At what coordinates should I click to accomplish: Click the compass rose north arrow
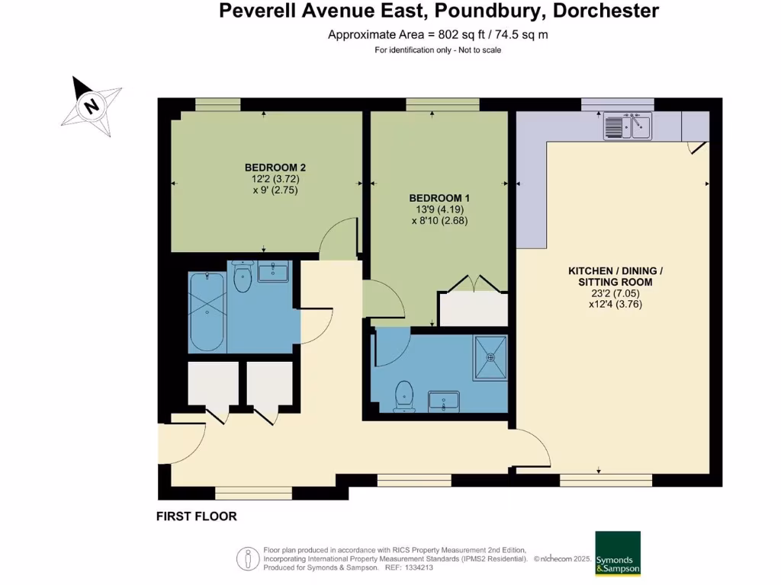92,105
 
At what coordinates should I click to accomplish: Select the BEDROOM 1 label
439,197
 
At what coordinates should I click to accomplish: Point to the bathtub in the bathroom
207,312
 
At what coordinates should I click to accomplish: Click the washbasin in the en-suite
444,400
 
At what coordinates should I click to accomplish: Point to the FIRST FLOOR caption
196,516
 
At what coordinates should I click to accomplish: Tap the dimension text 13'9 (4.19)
439,209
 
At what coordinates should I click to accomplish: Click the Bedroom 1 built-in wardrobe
473,309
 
